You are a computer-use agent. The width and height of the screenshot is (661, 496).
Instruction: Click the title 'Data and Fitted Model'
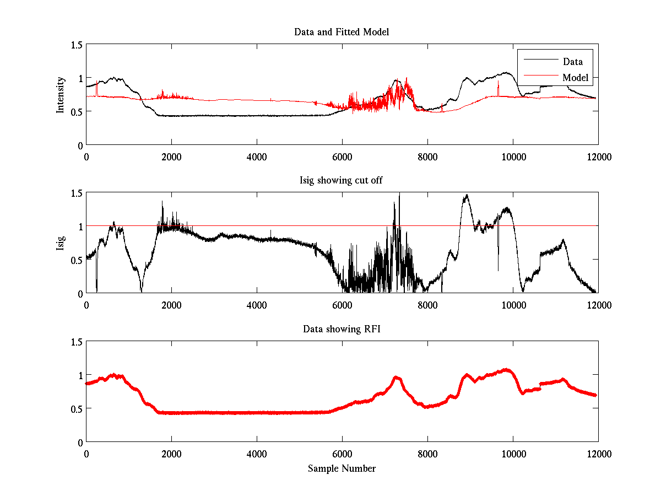[x=342, y=32]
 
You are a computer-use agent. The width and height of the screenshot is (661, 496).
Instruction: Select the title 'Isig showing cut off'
[x=342, y=180]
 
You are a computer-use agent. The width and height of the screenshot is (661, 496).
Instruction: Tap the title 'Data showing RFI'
[x=342, y=329]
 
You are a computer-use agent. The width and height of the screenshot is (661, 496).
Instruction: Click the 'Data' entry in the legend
[x=572, y=61]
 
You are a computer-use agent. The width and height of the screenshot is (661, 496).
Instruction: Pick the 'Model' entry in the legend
[x=575, y=78]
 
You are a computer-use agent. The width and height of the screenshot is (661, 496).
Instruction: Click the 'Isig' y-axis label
[x=61, y=243]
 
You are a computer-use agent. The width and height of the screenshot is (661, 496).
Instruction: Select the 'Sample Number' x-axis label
[x=342, y=468]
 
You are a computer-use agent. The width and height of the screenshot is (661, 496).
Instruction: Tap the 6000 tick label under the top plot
[x=342, y=157]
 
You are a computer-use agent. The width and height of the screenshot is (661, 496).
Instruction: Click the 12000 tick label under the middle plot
[x=598, y=305]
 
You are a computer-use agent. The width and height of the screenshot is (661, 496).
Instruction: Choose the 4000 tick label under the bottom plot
[x=257, y=454]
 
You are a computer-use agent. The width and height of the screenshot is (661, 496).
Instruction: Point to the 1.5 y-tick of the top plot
[x=77, y=45]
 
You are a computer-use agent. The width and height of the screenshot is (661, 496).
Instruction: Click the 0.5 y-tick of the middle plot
[x=77, y=260]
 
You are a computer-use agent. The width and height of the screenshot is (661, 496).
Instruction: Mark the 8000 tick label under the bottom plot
[x=427, y=454]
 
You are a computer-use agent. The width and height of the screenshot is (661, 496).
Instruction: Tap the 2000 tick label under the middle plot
[x=171, y=305]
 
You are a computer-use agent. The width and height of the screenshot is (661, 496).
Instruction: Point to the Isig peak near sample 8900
[x=467, y=195]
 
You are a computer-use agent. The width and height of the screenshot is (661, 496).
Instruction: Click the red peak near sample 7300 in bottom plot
[x=397, y=378]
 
